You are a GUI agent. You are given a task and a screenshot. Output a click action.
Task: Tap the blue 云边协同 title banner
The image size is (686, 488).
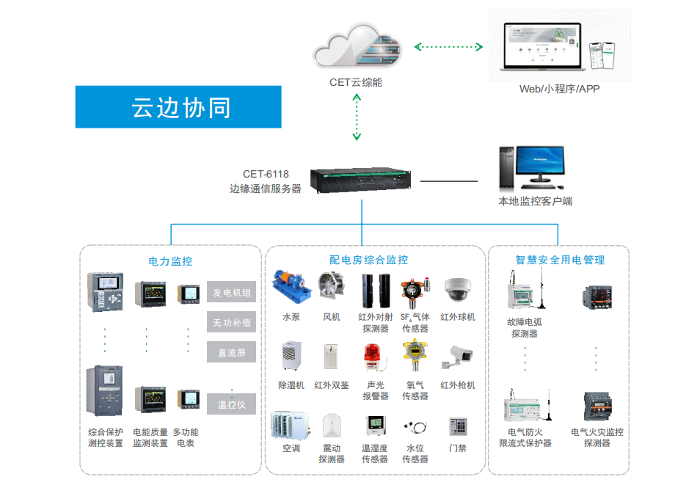(x=178, y=107)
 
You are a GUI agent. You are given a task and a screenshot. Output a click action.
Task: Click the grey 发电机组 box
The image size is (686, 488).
(x=232, y=293)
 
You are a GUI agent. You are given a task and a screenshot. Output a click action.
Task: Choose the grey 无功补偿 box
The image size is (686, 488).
(x=232, y=323)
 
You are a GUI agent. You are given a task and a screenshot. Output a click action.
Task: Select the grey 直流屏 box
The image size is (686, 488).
(x=232, y=353)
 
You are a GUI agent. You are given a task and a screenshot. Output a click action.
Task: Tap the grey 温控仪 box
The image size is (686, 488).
(x=232, y=404)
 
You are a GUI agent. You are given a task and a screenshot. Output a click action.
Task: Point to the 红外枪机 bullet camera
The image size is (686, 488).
(x=458, y=357)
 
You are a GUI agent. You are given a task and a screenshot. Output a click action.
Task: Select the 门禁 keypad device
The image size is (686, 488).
(x=458, y=426)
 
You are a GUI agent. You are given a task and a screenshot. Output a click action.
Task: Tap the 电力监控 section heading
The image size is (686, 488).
(x=170, y=261)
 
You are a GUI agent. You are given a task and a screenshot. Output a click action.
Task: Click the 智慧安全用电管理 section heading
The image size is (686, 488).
(x=561, y=260)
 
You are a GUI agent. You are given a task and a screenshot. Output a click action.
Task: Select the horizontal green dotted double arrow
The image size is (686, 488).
(x=448, y=47)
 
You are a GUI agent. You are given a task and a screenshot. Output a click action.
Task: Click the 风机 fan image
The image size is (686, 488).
(x=332, y=288)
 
